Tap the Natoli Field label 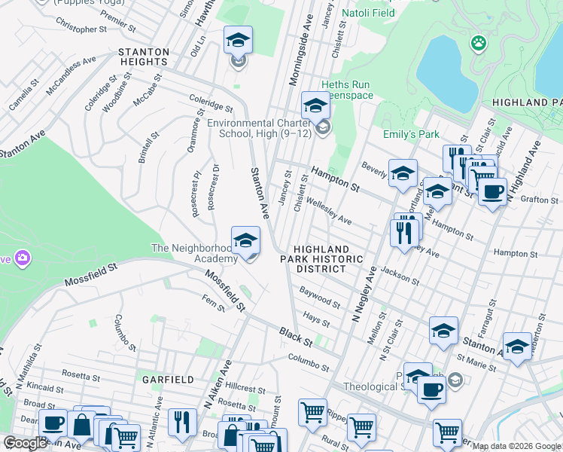(368, 13)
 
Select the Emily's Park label (411, 135)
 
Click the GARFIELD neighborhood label (165, 380)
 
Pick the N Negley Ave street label (362, 294)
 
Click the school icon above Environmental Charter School (315, 106)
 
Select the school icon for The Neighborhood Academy (245, 241)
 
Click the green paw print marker (477, 43)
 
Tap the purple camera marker (23, 258)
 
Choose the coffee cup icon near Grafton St (492, 192)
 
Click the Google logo (24, 443)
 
